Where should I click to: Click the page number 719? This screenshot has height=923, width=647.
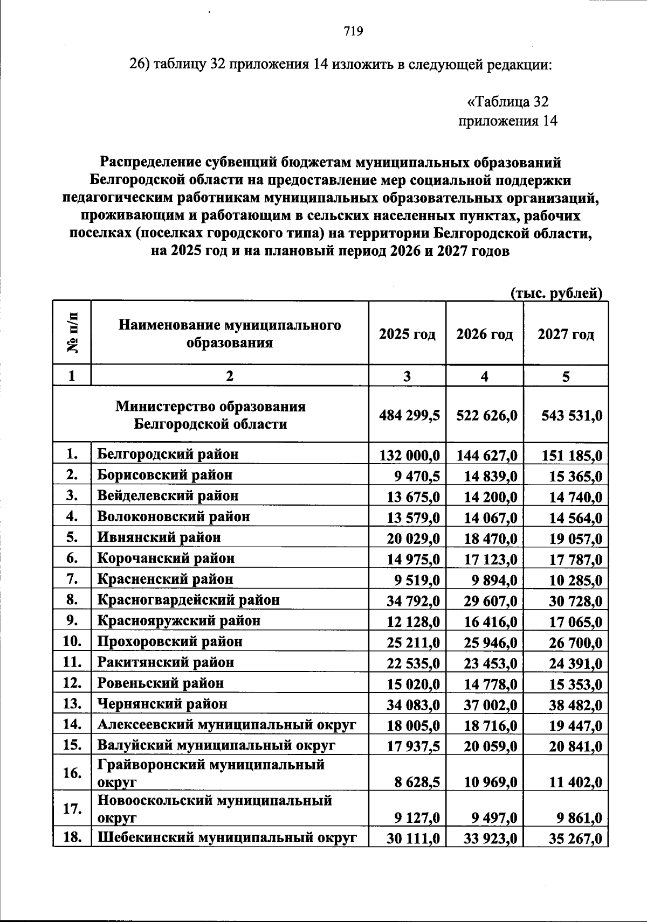pyautogui.click(x=353, y=31)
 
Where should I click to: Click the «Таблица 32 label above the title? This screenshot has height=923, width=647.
pyautogui.click(x=507, y=101)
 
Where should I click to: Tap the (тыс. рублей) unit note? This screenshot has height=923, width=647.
pyautogui.click(x=556, y=293)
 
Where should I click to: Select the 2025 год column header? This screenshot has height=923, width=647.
pyautogui.click(x=407, y=334)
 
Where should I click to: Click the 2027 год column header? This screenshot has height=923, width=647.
pyautogui.click(x=566, y=334)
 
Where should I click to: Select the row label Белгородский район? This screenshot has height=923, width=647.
pyautogui.click(x=168, y=454)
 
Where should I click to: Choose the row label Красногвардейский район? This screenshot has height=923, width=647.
pyautogui.click(x=188, y=599)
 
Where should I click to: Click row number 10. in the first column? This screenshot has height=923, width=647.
pyautogui.click(x=72, y=641)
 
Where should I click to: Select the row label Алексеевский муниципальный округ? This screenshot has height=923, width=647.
pyautogui.click(x=226, y=725)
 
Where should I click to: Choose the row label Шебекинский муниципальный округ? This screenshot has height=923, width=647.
pyautogui.click(x=227, y=838)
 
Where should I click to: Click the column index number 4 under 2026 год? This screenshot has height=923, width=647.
pyautogui.click(x=484, y=377)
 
